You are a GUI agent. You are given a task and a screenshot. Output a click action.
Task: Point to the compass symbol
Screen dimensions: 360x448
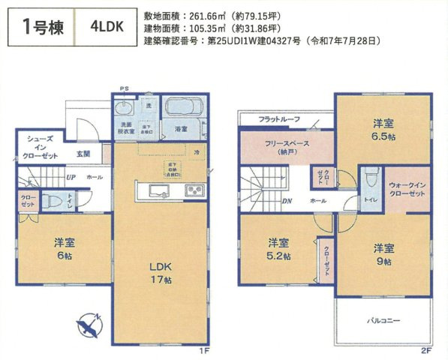click(x=89, y=325)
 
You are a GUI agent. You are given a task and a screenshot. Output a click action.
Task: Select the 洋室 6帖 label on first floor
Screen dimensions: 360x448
click(x=64, y=250)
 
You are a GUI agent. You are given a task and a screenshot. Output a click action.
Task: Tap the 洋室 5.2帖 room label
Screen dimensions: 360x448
click(x=278, y=250)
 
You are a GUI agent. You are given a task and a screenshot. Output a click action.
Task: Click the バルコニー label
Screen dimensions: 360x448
click(x=383, y=320)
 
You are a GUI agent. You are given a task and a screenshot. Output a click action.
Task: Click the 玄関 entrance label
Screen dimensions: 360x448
click(x=83, y=154)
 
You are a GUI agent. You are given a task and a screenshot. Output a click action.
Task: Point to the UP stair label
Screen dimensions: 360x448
click(x=70, y=178)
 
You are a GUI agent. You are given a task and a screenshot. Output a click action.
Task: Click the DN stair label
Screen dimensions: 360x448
click(x=287, y=201)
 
